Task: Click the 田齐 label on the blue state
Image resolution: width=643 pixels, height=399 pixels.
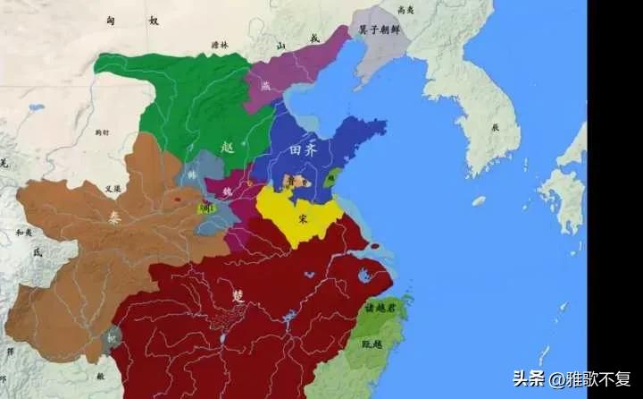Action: [x=304, y=149]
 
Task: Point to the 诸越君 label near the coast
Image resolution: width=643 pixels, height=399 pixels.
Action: [x=381, y=307]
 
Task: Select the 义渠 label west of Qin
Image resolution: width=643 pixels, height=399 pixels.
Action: [x=113, y=189]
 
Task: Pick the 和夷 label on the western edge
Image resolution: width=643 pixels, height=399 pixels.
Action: [x=22, y=232]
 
